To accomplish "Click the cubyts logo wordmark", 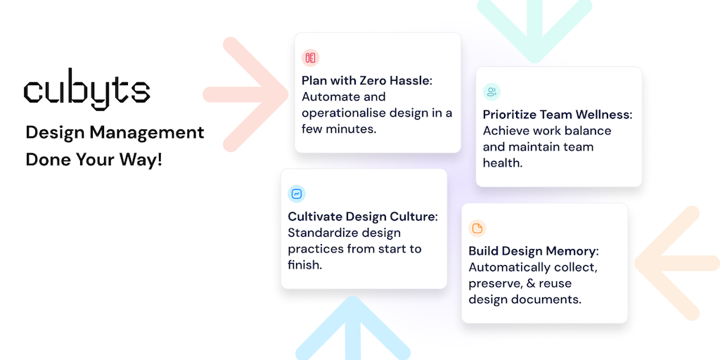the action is click(86, 89).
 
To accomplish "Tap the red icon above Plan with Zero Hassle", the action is click(310, 58).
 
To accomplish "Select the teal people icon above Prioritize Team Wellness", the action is click(491, 92).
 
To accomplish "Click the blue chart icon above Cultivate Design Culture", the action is click(297, 194).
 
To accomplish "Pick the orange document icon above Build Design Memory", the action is click(477, 229).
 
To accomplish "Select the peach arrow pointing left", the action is click(677, 263).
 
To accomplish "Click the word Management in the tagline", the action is click(147, 133).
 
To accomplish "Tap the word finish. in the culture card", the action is click(305, 265).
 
